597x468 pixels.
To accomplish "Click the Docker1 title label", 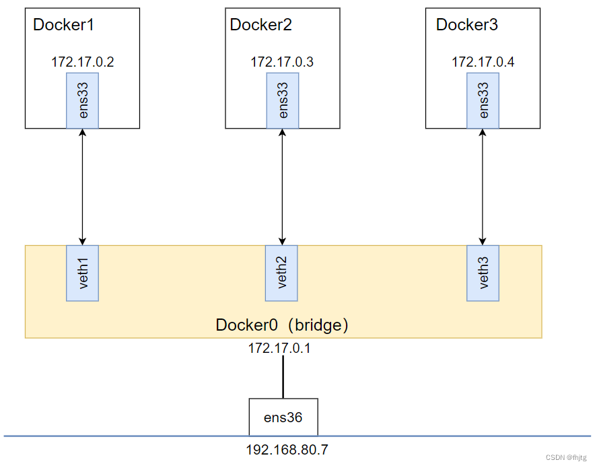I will click(65, 26).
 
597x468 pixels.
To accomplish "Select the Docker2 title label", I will click(261, 26).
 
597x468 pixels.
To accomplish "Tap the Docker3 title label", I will click(467, 26).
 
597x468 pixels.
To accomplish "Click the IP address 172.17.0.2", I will click(83, 62).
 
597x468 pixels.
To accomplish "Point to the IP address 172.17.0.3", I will click(282, 62).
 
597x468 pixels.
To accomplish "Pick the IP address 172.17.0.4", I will click(483, 62).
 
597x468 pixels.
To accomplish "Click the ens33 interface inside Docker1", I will click(83, 101).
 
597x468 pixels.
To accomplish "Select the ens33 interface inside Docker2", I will click(282, 101).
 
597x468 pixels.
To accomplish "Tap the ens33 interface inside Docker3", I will click(483, 101).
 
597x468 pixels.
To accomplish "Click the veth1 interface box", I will click(83, 273).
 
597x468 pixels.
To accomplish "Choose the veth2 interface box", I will click(282, 273).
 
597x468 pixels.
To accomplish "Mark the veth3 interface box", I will click(483, 273).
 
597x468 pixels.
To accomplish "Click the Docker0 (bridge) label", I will click(282, 325).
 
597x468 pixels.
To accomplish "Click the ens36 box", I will click(283, 417).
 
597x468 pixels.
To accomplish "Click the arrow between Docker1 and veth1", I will click(83, 187).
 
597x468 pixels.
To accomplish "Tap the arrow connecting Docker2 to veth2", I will click(282, 187).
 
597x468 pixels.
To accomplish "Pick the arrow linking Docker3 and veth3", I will click(482, 187).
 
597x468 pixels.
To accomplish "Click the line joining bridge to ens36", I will click(283, 376).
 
